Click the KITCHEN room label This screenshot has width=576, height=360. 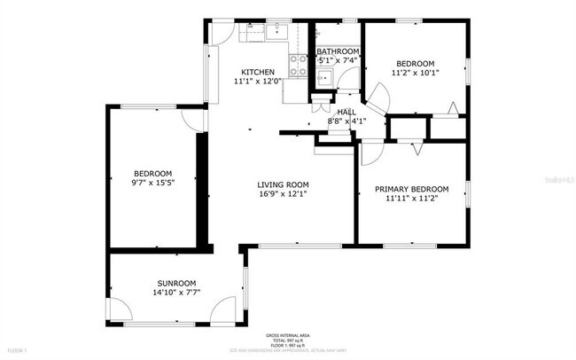[258, 72]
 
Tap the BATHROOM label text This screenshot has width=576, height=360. [338, 52]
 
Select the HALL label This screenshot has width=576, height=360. [346, 112]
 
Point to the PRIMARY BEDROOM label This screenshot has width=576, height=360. [411, 189]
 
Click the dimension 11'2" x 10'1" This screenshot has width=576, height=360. [415, 73]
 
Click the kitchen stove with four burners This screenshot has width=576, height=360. [299, 61]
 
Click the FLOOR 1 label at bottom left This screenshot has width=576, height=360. [11, 352]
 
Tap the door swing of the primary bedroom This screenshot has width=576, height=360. [370, 153]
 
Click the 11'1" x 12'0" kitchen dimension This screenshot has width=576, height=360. [258, 82]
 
